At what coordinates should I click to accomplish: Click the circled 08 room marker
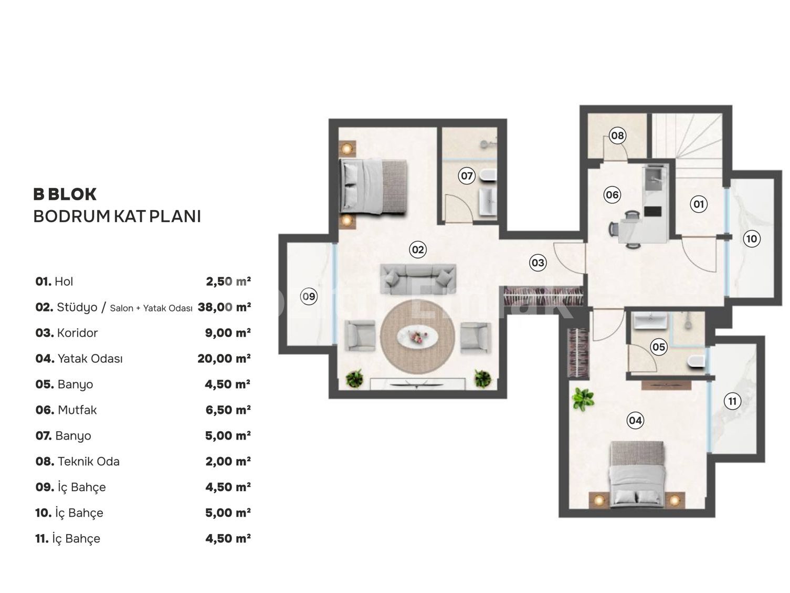pos(617,136)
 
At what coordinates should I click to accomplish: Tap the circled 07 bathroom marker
pos(467,176)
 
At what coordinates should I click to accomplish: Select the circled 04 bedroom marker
pos(635,420)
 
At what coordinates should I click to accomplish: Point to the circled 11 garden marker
pos(732,401)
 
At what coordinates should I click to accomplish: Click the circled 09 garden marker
pos(309,296)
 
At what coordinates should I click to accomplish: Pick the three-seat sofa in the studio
pos(418,278)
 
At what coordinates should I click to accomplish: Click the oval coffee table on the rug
pos(417,337)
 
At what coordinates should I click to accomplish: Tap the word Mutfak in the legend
pos(77,410)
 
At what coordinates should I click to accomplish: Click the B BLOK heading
pos(65,194)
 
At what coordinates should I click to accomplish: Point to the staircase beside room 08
pos(687,145)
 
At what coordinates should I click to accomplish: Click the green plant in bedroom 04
pos(583,399)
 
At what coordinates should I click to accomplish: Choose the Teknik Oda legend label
pos(89,461)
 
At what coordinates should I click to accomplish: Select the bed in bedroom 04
pos(637,474)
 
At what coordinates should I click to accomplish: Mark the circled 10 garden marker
pos(752,238)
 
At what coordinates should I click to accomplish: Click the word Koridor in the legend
pos(77,333)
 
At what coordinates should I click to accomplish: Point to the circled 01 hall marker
pos(699,204)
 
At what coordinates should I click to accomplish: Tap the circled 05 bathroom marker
pos(659,347)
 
